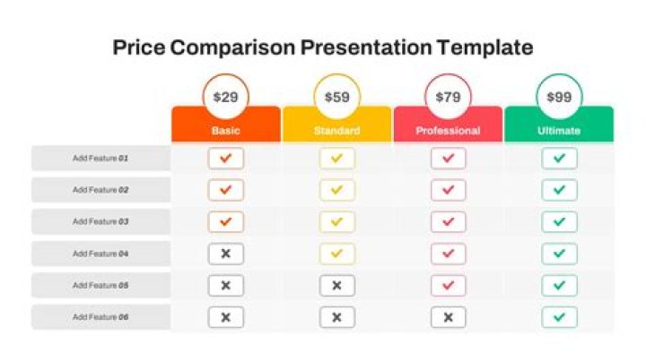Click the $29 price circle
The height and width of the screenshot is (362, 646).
click(x=226, y=97)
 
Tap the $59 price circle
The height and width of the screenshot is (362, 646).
click(x=337, y=97)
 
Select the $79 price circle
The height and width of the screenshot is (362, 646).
click(x=448, y=97)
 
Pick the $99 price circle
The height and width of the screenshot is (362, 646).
click(x=559, y=97)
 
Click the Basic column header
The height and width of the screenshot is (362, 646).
click(x=226, y=131)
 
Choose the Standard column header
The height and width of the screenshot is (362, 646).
click(x=337, y=131)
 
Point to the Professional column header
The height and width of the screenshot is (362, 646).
click(x=448, y=131)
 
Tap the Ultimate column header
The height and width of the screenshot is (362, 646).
click(x=559, y=131)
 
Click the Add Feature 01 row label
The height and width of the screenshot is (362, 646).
click(x=100, y=159)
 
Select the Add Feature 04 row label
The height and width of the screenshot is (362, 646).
click(x=100, y=254)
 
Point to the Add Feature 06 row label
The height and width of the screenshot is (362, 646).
click(x=100, y=317)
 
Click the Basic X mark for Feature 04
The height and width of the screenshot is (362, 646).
click(x=226, y=254)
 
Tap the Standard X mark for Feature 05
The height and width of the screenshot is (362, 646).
click(x=337, y=286)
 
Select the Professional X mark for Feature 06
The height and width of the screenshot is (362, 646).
click(x=448, y=317)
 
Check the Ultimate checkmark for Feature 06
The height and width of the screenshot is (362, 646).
click(x=559, y=317)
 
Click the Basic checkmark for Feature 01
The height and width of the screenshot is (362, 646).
click(x=226, y=159)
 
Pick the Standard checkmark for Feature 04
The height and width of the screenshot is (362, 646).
click(x=337, y=254)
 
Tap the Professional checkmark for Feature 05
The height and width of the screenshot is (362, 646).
click(x=448, y=286)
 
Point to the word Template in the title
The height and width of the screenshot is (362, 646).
click(x=484, y=47)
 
